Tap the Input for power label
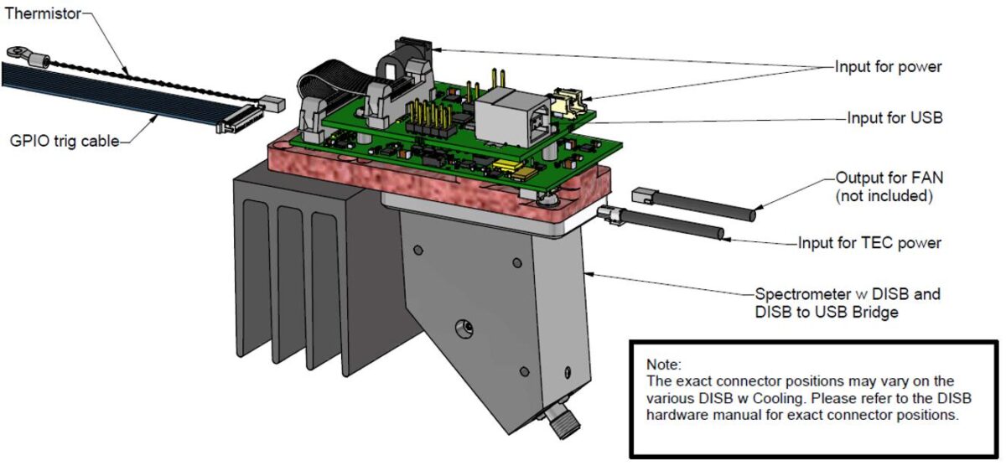coord(888,67)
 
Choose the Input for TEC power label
coord(869,243)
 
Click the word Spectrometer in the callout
coord(797,294)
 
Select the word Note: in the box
coord(664,365)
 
